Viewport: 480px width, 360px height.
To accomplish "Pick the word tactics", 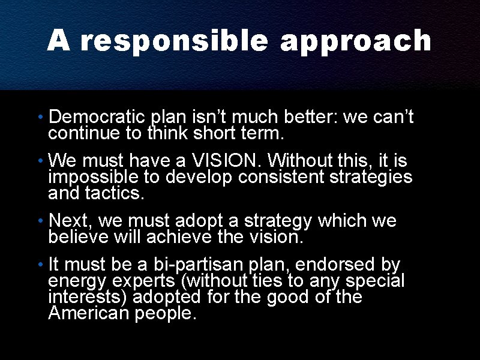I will [x=115, y=193].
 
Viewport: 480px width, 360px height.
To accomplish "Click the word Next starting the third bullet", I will [x=68, y=221].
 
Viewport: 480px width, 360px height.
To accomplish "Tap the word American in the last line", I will [x=90, y=313].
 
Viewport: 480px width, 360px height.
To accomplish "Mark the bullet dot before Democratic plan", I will [x=39, y=116].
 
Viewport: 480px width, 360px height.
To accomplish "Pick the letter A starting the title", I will [x=58, y=41].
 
